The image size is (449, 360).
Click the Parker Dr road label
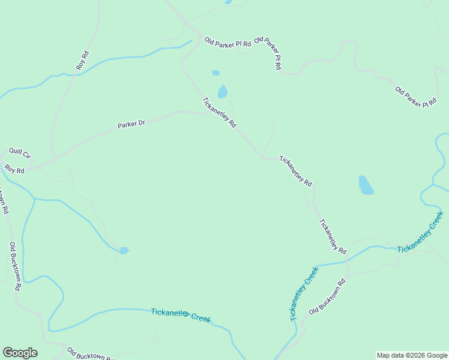131,125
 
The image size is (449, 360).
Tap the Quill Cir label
19,153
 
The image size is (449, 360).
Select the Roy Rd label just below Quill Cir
14,170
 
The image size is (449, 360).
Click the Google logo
20,353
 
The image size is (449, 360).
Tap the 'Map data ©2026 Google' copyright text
412,355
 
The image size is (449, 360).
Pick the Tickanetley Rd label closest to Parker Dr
219,112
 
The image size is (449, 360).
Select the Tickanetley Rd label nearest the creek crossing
333,235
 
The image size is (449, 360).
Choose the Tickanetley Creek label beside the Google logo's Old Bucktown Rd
181,314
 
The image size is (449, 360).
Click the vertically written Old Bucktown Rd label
15,266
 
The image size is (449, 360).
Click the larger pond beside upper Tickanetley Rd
223,92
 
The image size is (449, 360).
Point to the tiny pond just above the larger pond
215,73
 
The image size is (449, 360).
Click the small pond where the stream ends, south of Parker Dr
124,250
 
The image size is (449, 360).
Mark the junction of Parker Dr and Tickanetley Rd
204,113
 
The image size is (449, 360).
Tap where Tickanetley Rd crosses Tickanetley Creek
348,260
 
